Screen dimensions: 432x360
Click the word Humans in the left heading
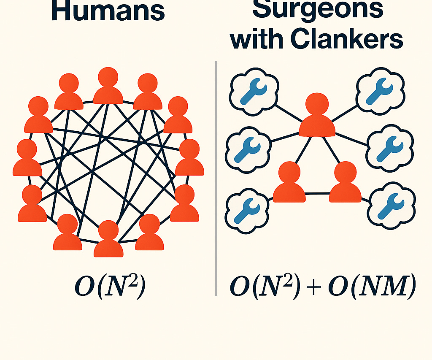[108, 12]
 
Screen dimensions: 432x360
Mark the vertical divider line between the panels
[216, 177]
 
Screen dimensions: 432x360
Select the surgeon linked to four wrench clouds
[317, 116]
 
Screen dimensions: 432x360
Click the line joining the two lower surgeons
[317, 194]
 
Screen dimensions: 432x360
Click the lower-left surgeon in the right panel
[289, 182]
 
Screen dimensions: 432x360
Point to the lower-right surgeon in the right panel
[345, 182]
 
